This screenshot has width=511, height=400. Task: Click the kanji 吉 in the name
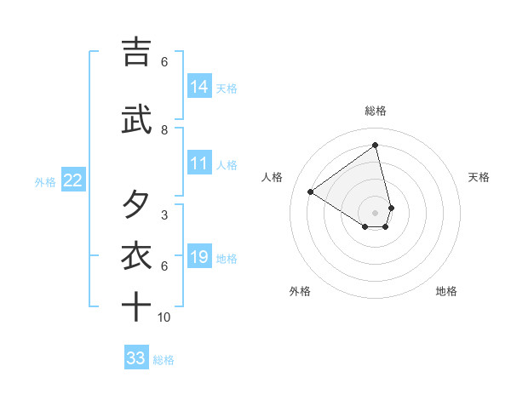pos(136,52)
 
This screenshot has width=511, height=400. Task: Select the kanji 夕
pos(136,205)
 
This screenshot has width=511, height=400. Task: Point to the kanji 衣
pos(136,256)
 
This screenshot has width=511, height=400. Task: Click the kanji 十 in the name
pos(136,307)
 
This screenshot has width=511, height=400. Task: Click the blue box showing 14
pos(199,86)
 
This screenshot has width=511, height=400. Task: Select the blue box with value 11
pos(199,164)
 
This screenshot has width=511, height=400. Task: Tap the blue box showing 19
pos(199,258)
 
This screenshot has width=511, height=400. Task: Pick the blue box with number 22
pos(72,180)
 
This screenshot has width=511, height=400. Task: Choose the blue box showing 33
pos(136,358)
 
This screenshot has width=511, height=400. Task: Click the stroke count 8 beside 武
pos(164,130)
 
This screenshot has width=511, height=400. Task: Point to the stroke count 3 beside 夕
pos(164,215)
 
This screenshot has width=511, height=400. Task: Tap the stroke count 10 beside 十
pos(164,317)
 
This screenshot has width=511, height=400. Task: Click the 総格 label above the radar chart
pos(375,111)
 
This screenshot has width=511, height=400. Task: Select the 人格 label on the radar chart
pos(273,177)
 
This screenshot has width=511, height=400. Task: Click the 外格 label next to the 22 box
pos(45,181)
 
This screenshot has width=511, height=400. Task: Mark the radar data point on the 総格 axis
pos(375,145)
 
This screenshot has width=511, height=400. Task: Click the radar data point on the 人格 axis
pos(310,191)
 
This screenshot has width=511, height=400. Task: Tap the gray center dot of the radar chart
pos(375,212)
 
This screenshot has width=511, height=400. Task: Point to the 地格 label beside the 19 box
pos(227,259)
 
